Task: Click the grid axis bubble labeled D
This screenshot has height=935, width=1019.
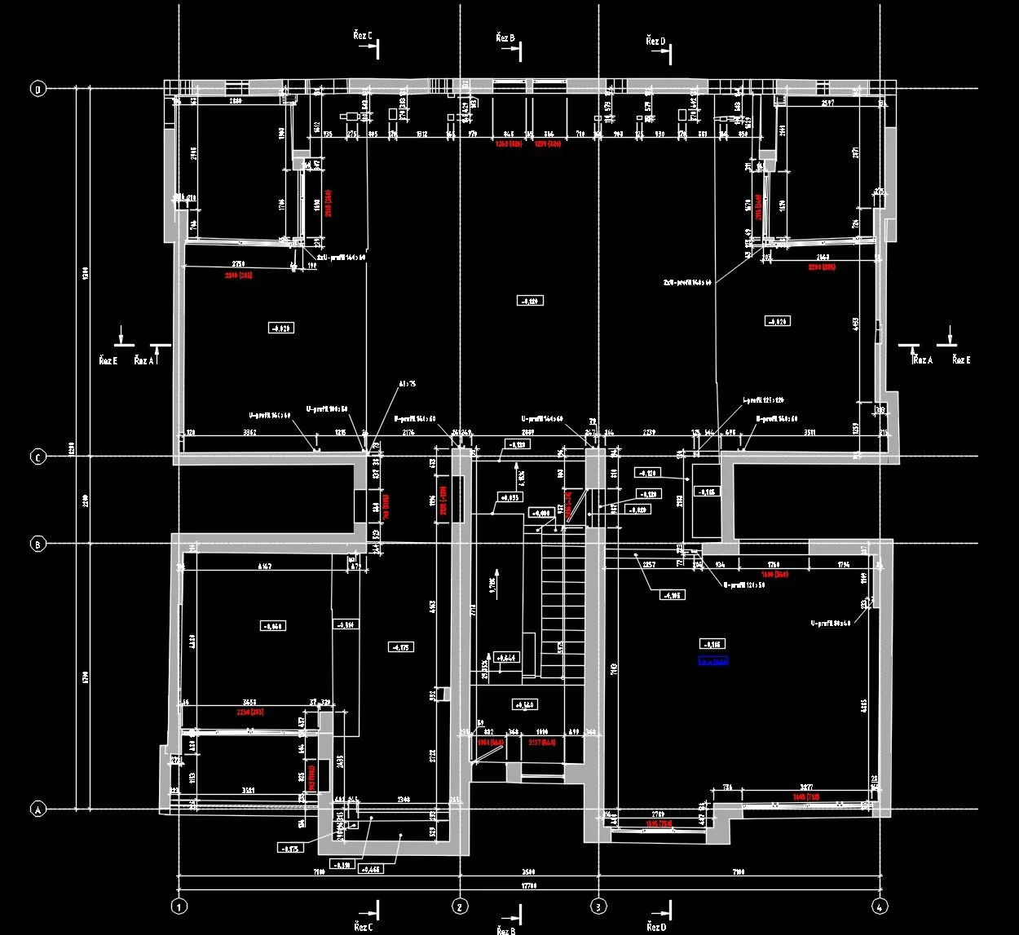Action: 37,89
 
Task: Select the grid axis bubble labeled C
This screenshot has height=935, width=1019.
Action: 37,457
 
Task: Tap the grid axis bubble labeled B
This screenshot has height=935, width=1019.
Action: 37,545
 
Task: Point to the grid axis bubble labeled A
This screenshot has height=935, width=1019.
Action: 37,810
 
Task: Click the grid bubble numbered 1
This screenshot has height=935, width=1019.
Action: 179,906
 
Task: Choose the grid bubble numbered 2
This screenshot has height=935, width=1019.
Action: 460,906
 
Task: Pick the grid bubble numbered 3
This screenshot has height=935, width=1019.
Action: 599,906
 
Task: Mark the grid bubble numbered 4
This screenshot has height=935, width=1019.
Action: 879,906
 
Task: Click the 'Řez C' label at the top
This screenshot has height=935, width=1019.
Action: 363,37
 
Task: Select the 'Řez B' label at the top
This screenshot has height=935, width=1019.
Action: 505,38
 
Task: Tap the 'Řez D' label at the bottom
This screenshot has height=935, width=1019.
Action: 655,927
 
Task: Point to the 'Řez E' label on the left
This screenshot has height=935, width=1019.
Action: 108,360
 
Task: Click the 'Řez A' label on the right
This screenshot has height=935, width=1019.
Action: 923,360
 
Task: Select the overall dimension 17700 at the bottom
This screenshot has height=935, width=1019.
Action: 530,888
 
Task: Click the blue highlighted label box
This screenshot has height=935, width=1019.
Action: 712,662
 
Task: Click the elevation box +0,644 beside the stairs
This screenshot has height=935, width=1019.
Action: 506,657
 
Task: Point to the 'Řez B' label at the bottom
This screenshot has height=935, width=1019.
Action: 505,930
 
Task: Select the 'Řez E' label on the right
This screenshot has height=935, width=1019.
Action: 961,360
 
